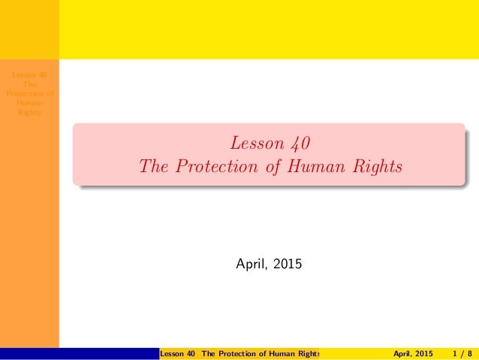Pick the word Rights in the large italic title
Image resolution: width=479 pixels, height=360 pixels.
(378, 167)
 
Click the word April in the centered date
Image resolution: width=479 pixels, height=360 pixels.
(252, 264)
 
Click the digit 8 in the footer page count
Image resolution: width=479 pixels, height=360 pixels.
(470, 354)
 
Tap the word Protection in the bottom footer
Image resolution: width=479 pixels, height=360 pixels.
(239, 354)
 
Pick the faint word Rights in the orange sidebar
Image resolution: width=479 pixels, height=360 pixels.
(29, 112)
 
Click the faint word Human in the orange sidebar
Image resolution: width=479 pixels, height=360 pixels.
(29, 103)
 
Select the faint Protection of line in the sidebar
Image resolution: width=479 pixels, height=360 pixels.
(29, 93)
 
